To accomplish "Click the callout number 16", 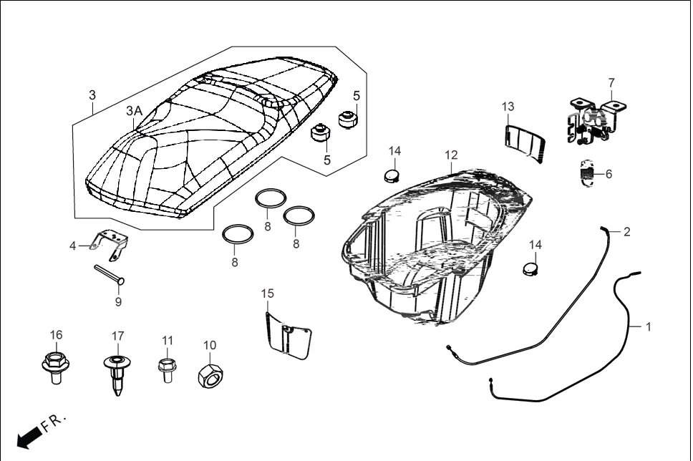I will click(56, 335).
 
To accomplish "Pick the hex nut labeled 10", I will click(210, 373).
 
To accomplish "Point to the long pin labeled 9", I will click(110, 274).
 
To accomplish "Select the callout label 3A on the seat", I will click(134, 111).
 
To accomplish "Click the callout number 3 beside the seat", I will click(92, 95).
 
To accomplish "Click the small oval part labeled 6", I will click(586, 173).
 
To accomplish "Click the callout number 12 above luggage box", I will click(450, 155).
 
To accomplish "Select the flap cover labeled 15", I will click(289, 336).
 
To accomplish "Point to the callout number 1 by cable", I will click(648, 326).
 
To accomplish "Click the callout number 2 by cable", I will click(626, 231).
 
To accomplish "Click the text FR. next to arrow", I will click(53, 422).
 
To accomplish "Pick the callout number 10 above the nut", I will click(210, 345).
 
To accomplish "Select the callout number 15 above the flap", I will click(267, 293).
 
